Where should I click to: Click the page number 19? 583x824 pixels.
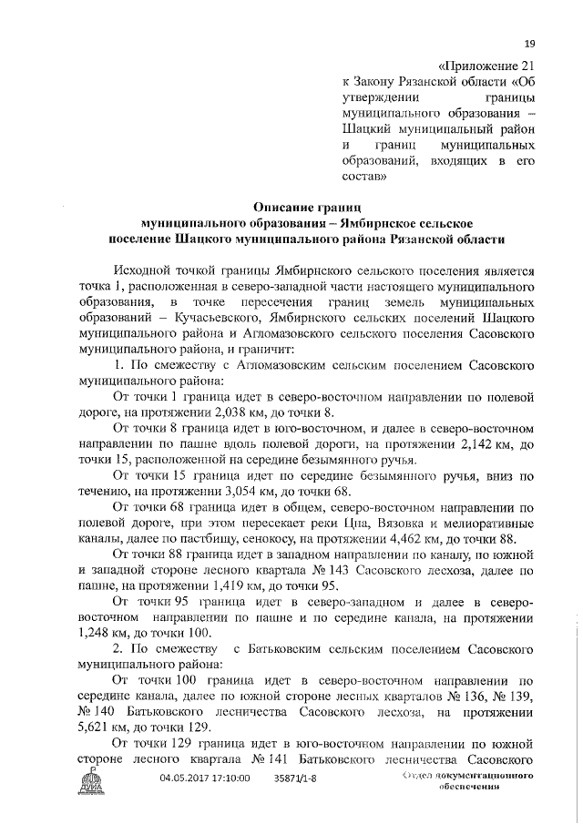[529, 43]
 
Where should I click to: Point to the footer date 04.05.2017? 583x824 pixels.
[186, 778]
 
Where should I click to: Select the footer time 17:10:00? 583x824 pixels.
[231, 778]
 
